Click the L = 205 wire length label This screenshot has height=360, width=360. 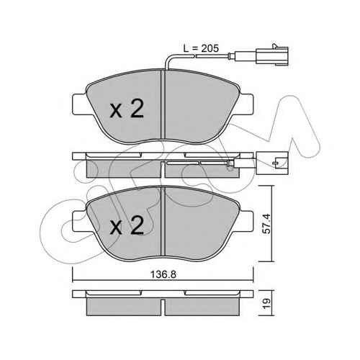pyautogui.click(x=201, y=48)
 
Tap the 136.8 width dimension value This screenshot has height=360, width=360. pyautogui.click(x=163, y=274)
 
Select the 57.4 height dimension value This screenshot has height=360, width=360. pyautogui.click(x=267, y=224)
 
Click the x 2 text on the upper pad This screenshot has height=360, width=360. pyautogui.click(x=127, y=109)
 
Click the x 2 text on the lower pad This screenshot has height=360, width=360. pyautogui.click(x=127, y=225)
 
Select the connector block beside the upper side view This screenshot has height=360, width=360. pyautogui.click(x=272, y=163)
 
